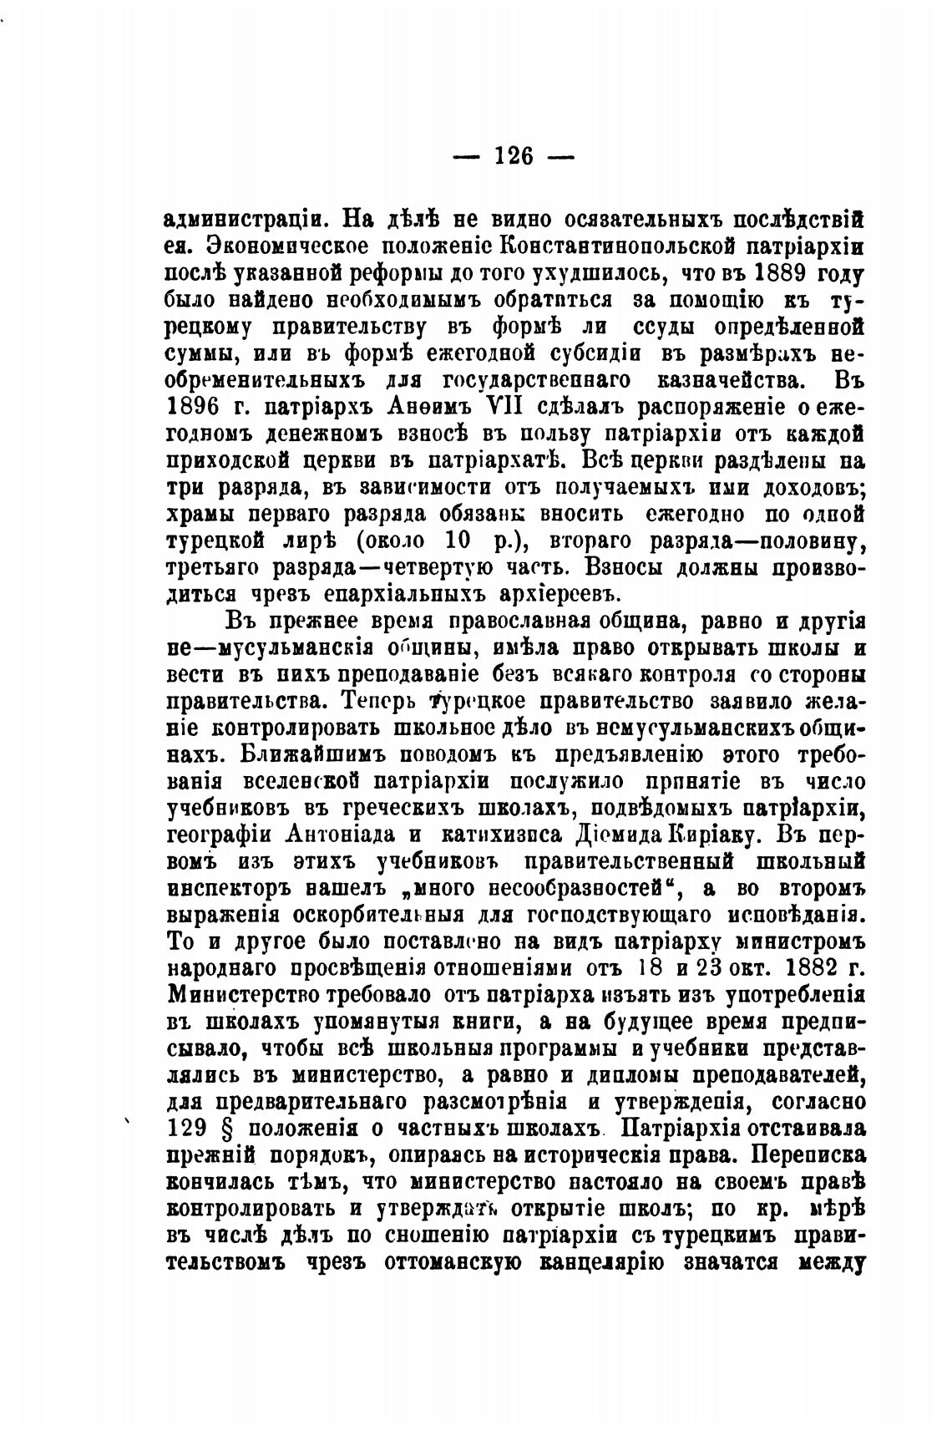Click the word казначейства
point(729,382)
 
